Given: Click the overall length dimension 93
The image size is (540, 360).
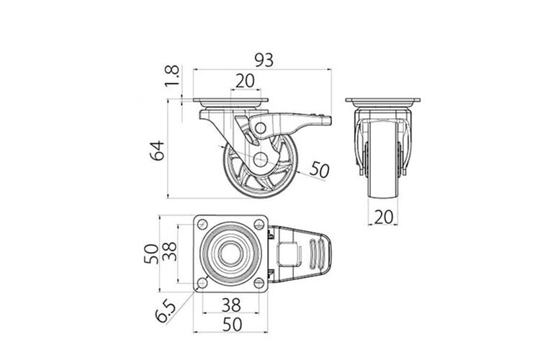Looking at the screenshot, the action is [264, 60].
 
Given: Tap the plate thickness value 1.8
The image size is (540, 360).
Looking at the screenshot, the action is [172, 76].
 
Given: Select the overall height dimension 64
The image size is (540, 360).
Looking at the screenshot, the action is [158, 150].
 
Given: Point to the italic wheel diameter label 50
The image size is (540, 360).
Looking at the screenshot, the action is [319, 169].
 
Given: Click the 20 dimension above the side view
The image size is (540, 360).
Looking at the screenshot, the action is [245, 81].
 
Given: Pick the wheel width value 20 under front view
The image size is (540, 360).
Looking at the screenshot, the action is [383, 217].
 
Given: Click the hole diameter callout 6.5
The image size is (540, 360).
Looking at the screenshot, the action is [166, 311].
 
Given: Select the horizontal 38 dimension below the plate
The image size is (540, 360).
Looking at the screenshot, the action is [231, 305].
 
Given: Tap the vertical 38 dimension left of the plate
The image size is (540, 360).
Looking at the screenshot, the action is [170, 251].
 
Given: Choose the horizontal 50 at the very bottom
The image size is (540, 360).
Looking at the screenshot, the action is [233, 325].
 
